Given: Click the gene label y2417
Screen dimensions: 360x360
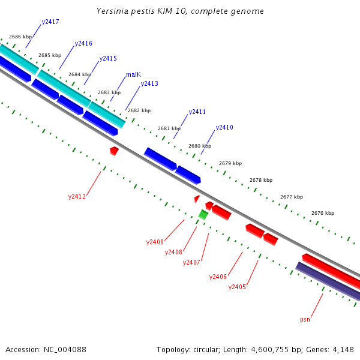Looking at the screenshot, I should [x=50, y=22].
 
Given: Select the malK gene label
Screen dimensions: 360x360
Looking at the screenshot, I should [x=133, y=75].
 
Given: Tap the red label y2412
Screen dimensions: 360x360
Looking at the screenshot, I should [x=77, y=196].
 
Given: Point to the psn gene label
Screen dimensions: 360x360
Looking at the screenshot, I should [x=305, y=320].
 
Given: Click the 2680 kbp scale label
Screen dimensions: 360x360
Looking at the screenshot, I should [x=200, y=146].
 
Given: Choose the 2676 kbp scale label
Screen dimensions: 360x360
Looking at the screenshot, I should [x=322, y=213].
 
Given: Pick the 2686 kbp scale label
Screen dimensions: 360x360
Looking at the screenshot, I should [x=20, y=37].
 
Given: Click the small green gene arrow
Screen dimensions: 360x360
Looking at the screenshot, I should [x=203, y=214].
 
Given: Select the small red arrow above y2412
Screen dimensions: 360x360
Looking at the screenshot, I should [x=114, y=150].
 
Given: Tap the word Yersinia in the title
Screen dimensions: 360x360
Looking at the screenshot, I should [x=111, y=11].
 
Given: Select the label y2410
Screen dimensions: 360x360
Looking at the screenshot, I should [x=224, y=127].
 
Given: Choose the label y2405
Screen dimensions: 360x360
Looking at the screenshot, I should [x=237, y=287].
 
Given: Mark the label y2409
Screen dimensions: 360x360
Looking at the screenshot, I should [x=155, y=242].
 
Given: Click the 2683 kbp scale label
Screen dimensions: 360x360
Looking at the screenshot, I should [x=109, y=92].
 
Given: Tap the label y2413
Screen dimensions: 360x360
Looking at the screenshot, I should [x=149, y=83].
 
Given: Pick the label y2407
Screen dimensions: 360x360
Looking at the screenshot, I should [x=191, y=262].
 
